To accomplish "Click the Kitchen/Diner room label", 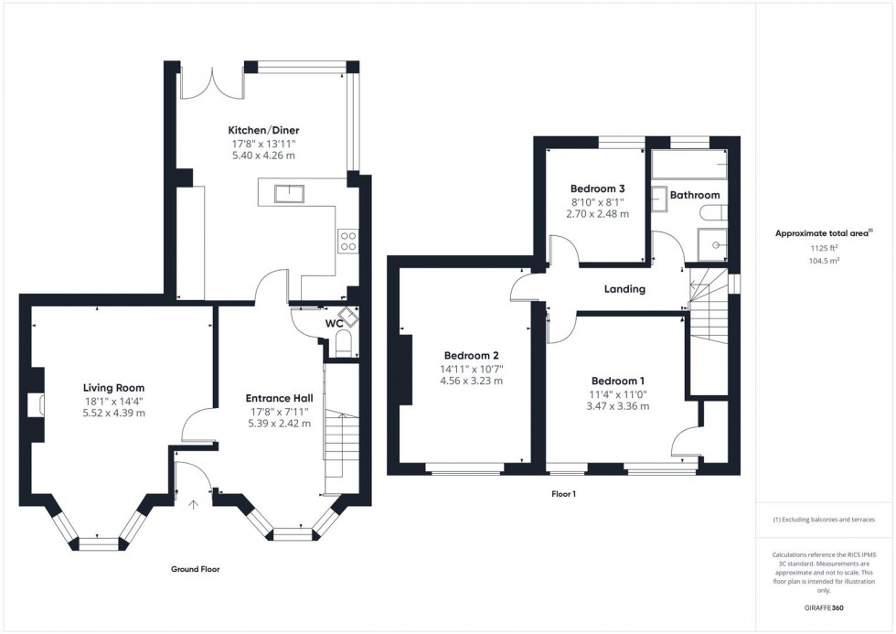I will point(263,129).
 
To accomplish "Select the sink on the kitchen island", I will point(293,192).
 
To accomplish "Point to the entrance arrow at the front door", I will point(193,503).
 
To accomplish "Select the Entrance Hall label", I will point(280,398).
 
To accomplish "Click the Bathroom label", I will point(695,195).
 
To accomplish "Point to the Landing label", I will point(625,289).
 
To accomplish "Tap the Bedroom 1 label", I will point(618,381).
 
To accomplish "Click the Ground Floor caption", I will point(196,569).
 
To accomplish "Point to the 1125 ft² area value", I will point(825,248).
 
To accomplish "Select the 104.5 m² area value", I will point(825,261).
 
